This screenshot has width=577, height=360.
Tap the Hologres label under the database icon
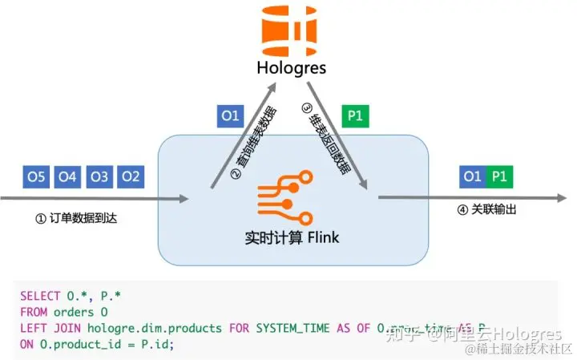(x=288, y=67)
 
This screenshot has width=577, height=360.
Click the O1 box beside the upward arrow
(x=230, y=116)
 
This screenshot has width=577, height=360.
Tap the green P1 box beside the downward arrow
(x=355, y=116)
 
